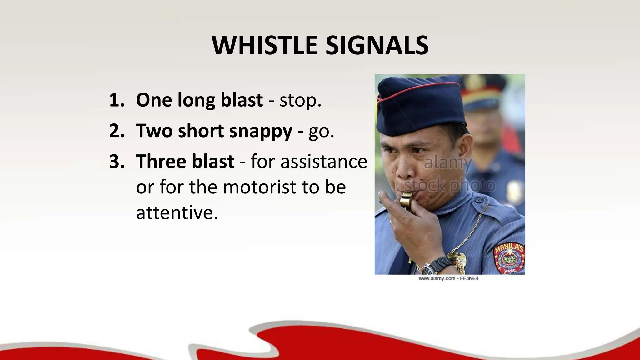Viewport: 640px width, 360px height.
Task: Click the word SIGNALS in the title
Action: [x=377, y=46]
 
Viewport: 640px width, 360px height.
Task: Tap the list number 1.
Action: [x=117, y=100]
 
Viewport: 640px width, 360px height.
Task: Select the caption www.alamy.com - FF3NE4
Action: [x=448, y=278]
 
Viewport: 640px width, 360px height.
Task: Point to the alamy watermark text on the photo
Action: [x=448, y=163]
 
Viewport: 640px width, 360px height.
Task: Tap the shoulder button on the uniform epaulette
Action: [x=477, y=199]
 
